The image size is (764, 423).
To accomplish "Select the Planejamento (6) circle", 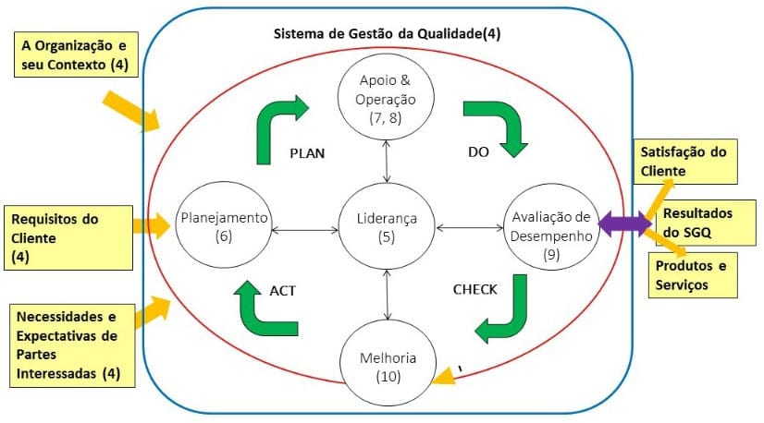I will tap(225, 226).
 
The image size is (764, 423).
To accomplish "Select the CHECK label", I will tap(474, 289).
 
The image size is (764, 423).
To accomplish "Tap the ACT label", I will tap(282, 290).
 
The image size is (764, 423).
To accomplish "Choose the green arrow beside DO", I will tap(497, 125).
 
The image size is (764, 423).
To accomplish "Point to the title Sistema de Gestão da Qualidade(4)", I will tap(387, 34).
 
